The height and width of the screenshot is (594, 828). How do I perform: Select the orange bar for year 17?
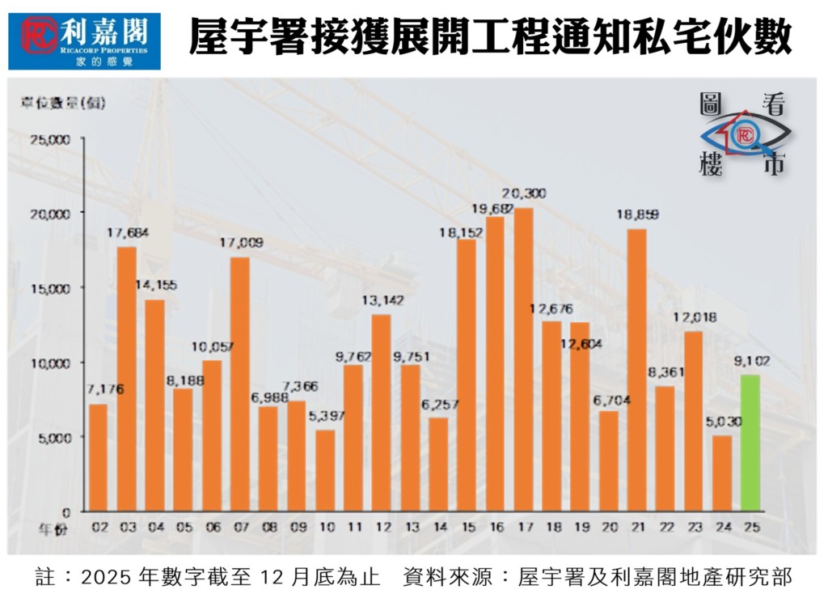tap(523, 359)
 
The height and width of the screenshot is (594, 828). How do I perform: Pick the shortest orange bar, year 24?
tap(721, 473)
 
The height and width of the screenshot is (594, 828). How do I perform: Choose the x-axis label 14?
tap(439, 528)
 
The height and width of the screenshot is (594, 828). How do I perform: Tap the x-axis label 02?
tap(99, 528)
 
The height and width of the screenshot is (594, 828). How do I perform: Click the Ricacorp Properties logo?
tap(84, 40)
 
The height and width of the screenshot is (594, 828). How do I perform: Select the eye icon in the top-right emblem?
tap(744, 134)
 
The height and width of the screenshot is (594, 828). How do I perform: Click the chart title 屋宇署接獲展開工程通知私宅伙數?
tap(489, 38)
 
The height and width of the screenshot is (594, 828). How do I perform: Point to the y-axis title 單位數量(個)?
tap(63, 102)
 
